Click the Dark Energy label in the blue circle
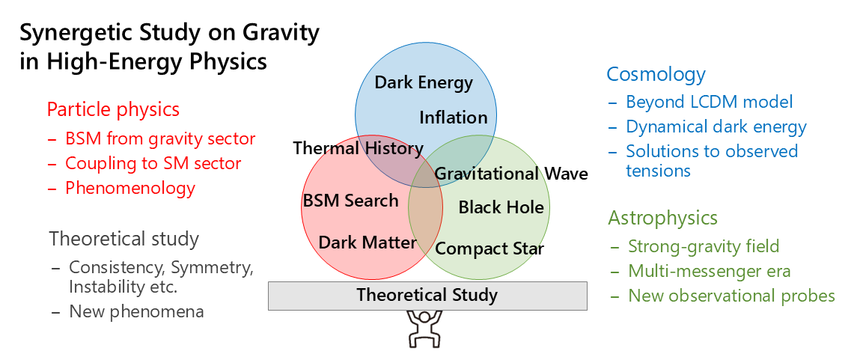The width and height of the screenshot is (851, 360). [424, 83]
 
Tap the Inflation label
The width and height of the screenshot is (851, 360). [454, 118]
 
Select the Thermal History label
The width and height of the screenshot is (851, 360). [359, 148]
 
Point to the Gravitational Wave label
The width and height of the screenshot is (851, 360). [512, 174]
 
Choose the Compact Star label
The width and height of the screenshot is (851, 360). [489, 248]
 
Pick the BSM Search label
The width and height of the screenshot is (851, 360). [350, 201]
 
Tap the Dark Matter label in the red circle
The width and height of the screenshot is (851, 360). [367, 242]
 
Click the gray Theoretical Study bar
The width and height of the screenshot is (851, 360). [427, 296]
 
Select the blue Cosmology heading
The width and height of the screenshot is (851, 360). [656, 74]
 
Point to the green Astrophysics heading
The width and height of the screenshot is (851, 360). [662, 218]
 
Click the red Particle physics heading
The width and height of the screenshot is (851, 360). [113, 110]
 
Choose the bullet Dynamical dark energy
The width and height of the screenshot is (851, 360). [716, 126]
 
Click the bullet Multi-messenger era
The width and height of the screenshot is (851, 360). [710, 271]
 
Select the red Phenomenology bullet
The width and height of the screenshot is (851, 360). [129, 189]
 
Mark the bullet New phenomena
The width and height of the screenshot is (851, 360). [136, 311]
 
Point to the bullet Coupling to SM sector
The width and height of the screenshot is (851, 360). [153, 163]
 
